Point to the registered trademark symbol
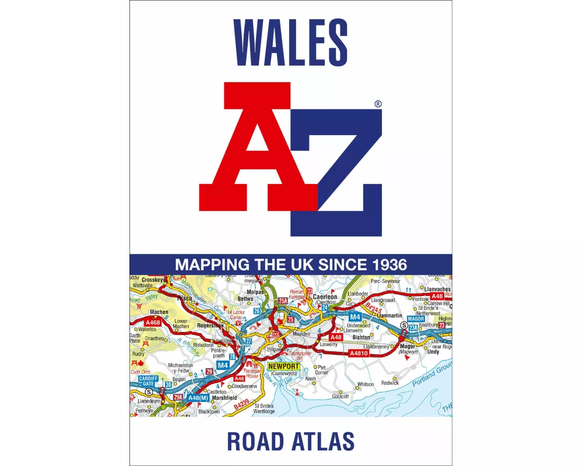378,104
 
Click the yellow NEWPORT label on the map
283,367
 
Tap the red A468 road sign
153,322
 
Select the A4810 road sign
358,354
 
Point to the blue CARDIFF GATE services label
149,381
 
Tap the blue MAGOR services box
416,319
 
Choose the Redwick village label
390,383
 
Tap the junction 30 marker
168,385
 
